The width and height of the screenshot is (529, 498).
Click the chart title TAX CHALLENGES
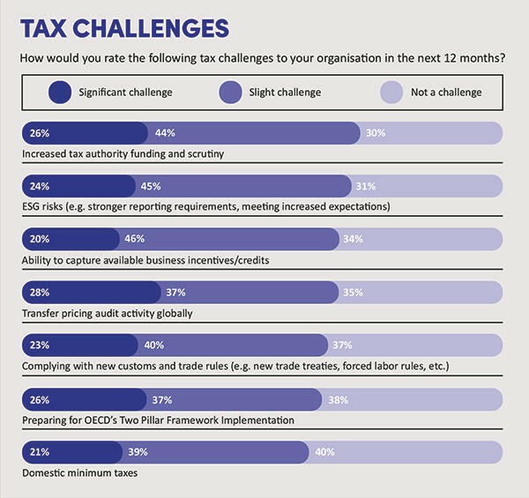(x=124, y=29)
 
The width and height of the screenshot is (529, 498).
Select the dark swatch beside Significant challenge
(x=61, y=92)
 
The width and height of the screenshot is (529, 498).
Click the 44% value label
(x=165, y=133)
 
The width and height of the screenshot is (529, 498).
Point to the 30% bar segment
(x=431, y=133)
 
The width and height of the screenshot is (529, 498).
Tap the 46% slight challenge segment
(x=228, y=239)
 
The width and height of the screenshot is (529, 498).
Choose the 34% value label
(x=352, y=239)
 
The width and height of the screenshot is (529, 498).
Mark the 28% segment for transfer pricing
(x=90, y=293)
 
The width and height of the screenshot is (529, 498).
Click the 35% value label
(x=351, y=293)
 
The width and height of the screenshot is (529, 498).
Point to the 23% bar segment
(x=78, y=346)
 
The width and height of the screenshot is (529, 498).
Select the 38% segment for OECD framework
(x=410, y=398)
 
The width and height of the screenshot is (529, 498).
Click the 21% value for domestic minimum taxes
(x=38, y=451)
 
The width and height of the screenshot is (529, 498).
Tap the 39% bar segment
(x=215, y=451)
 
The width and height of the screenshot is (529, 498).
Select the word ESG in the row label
(x=32, y=207)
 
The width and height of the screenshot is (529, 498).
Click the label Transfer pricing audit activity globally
(x=107, y=313)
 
